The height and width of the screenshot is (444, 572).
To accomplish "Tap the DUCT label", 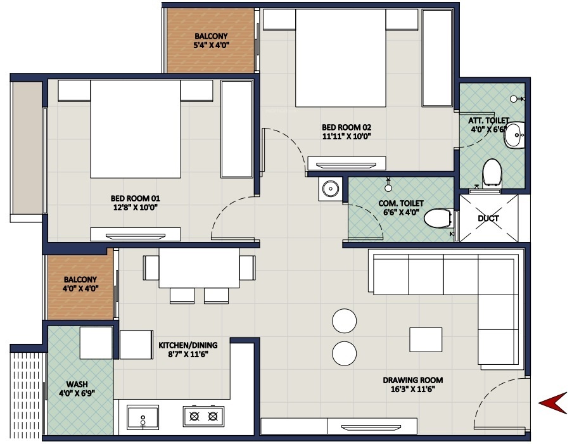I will click(x=488, y=219).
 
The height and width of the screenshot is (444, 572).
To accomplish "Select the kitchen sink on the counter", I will click(x=143, y=417).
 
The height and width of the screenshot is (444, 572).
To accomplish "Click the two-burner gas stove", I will click(x=204, y=416).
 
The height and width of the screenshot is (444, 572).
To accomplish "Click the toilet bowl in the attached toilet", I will click(x=492, y=172).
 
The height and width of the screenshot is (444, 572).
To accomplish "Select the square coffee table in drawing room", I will click(x=425, y=339).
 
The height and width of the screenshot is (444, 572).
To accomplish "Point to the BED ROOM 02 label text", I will click(x=346, y=127).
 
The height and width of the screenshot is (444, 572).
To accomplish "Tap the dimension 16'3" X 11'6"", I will click(x=412, y=390).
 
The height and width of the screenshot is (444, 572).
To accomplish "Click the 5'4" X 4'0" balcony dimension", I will click(x=212, y=46).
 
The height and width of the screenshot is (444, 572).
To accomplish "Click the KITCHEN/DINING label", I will click(x=187, y=345).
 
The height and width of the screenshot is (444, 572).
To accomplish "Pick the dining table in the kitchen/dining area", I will click(x=199, y=267).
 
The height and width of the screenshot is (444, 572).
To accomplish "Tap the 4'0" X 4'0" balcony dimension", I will click(x=80, y=289).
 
